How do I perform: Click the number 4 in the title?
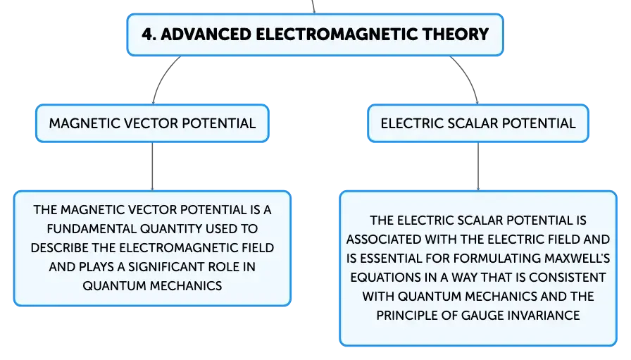pos(147,35)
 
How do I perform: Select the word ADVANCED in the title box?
pos(206,35)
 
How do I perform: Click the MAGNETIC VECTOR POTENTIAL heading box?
pos(152,123)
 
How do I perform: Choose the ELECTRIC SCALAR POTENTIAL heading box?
pos(478,123)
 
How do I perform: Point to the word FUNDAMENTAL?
pos(92,229)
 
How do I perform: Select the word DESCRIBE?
pos(60,248)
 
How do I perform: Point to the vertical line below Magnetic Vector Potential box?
pos(152,166)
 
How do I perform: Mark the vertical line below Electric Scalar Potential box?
pos(478,166)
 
